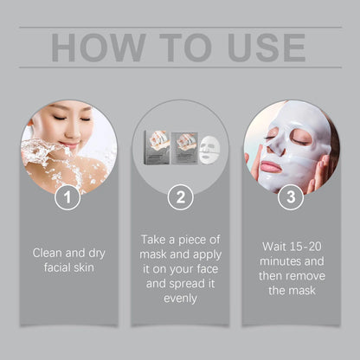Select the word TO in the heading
tap(175, 48)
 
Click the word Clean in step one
tap(50, 254)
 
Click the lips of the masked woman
tap(271, 165)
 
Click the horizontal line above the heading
tap(180, 28)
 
